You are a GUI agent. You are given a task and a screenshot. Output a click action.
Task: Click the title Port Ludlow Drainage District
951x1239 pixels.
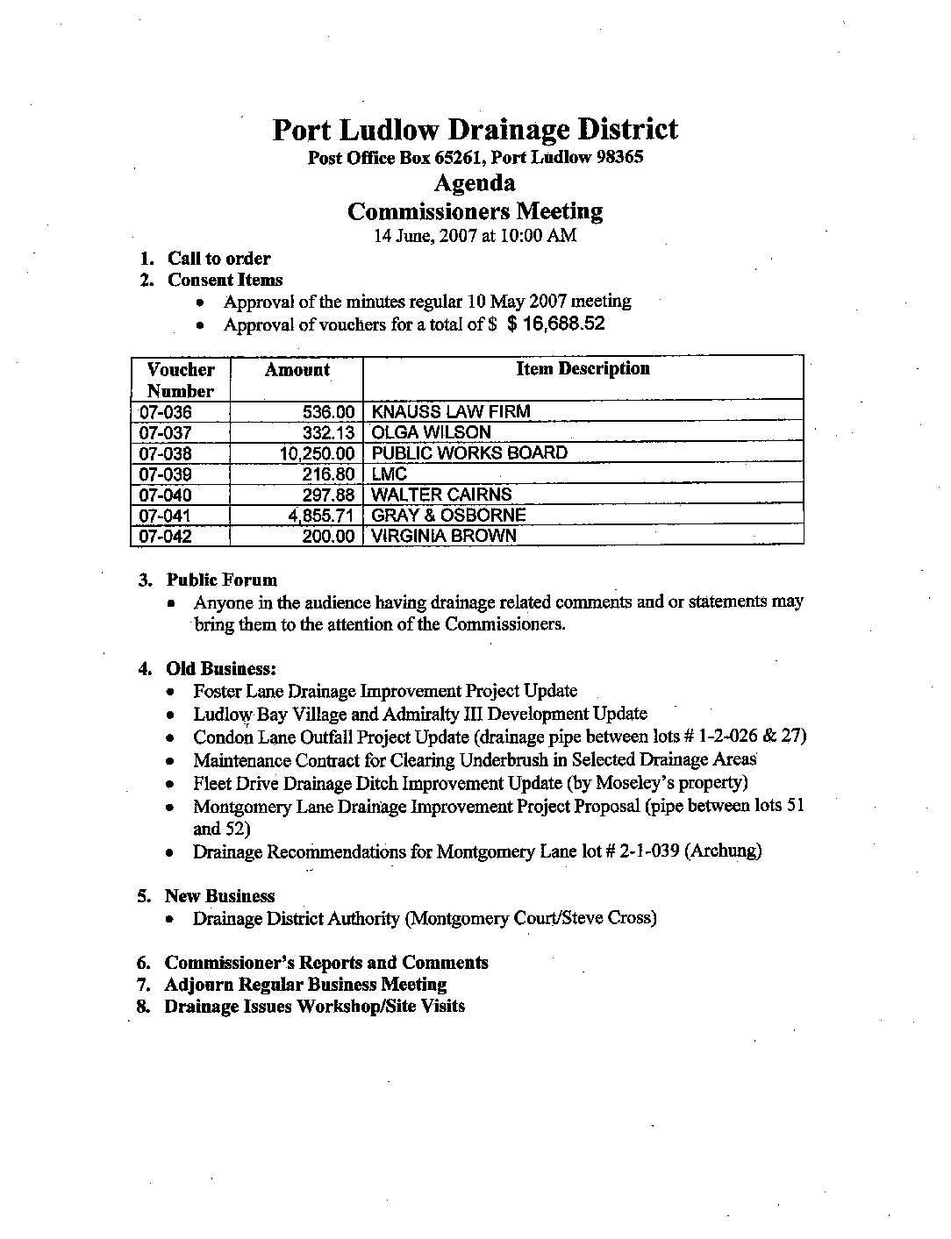coord(475,130)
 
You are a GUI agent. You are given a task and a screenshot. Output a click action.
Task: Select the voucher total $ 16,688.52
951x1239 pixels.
coord(555,324)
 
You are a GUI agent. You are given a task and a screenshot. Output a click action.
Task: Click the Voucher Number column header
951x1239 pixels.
coord(181,380)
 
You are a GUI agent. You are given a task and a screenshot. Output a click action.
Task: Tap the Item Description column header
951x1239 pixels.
coord(583,369)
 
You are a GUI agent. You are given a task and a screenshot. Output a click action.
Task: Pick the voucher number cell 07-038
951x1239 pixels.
coord(165,453)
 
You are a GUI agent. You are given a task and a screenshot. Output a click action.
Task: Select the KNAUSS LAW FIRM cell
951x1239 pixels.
coord(451,411)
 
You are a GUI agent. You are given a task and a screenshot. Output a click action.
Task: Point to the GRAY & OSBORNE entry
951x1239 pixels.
coord(449,516)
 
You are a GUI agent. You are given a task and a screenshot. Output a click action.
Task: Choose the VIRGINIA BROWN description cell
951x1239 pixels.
coord(445,536)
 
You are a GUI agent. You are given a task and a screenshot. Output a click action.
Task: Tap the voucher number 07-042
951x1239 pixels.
coord(165,537)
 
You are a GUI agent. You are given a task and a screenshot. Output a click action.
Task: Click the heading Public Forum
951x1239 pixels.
coord(222,580)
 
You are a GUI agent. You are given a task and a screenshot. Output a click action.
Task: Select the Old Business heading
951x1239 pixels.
coord(222,669)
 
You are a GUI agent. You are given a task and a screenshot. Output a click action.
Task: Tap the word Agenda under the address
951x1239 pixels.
coord(475,183)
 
